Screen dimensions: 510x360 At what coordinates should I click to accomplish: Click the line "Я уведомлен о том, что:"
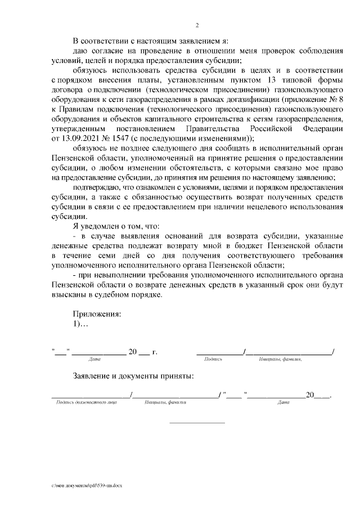coord(116,225)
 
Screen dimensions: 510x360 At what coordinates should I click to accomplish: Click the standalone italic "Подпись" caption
coord(214,359)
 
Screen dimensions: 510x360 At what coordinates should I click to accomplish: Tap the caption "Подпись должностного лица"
coord(82,402)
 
